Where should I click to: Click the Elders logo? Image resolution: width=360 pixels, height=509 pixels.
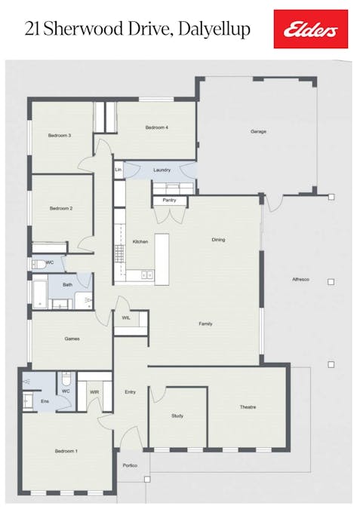(x=310, y=29)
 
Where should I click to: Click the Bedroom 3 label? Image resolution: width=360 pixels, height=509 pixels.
(x=60, y=136)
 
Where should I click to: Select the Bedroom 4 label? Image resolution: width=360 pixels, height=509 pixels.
(x=156, y=128)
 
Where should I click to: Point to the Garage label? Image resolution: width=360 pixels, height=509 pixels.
(x=258, y=132)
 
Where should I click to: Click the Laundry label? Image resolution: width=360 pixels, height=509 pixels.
(x=162, y=170)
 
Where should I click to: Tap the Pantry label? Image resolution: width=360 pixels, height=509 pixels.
(x=169, y=201)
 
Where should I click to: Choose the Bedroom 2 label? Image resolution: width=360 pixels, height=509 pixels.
(x=60, y=208)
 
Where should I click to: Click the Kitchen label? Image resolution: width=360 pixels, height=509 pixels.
(x=140, y=242)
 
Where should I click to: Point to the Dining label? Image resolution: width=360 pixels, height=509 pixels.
(x=218, y=240)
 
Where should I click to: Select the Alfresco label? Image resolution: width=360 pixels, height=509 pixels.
(x=301, y=280)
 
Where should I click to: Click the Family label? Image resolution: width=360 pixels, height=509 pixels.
(x=205, y=324)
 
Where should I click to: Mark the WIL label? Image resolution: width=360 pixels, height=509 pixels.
(x=126, y=318)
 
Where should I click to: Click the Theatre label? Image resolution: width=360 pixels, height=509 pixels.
(x=248, y=407)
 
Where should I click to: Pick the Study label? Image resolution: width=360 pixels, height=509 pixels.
(x=178, y=415)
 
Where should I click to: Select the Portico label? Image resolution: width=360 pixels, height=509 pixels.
(x=130, y=466)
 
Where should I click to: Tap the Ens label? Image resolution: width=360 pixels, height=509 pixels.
(x=45, y=402)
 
